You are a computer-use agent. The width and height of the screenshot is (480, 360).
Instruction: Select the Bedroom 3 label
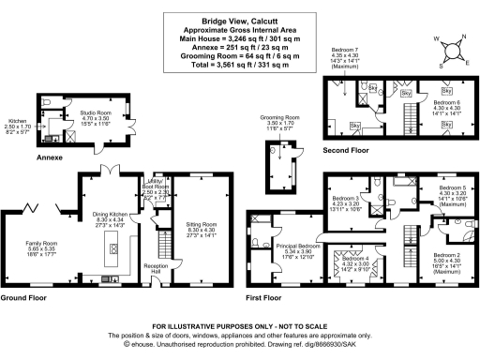(x=345, y=198)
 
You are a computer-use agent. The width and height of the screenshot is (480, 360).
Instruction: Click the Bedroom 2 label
(x=444, y=255)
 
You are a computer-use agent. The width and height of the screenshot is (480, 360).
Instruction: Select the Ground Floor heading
(x=25, y=297)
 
